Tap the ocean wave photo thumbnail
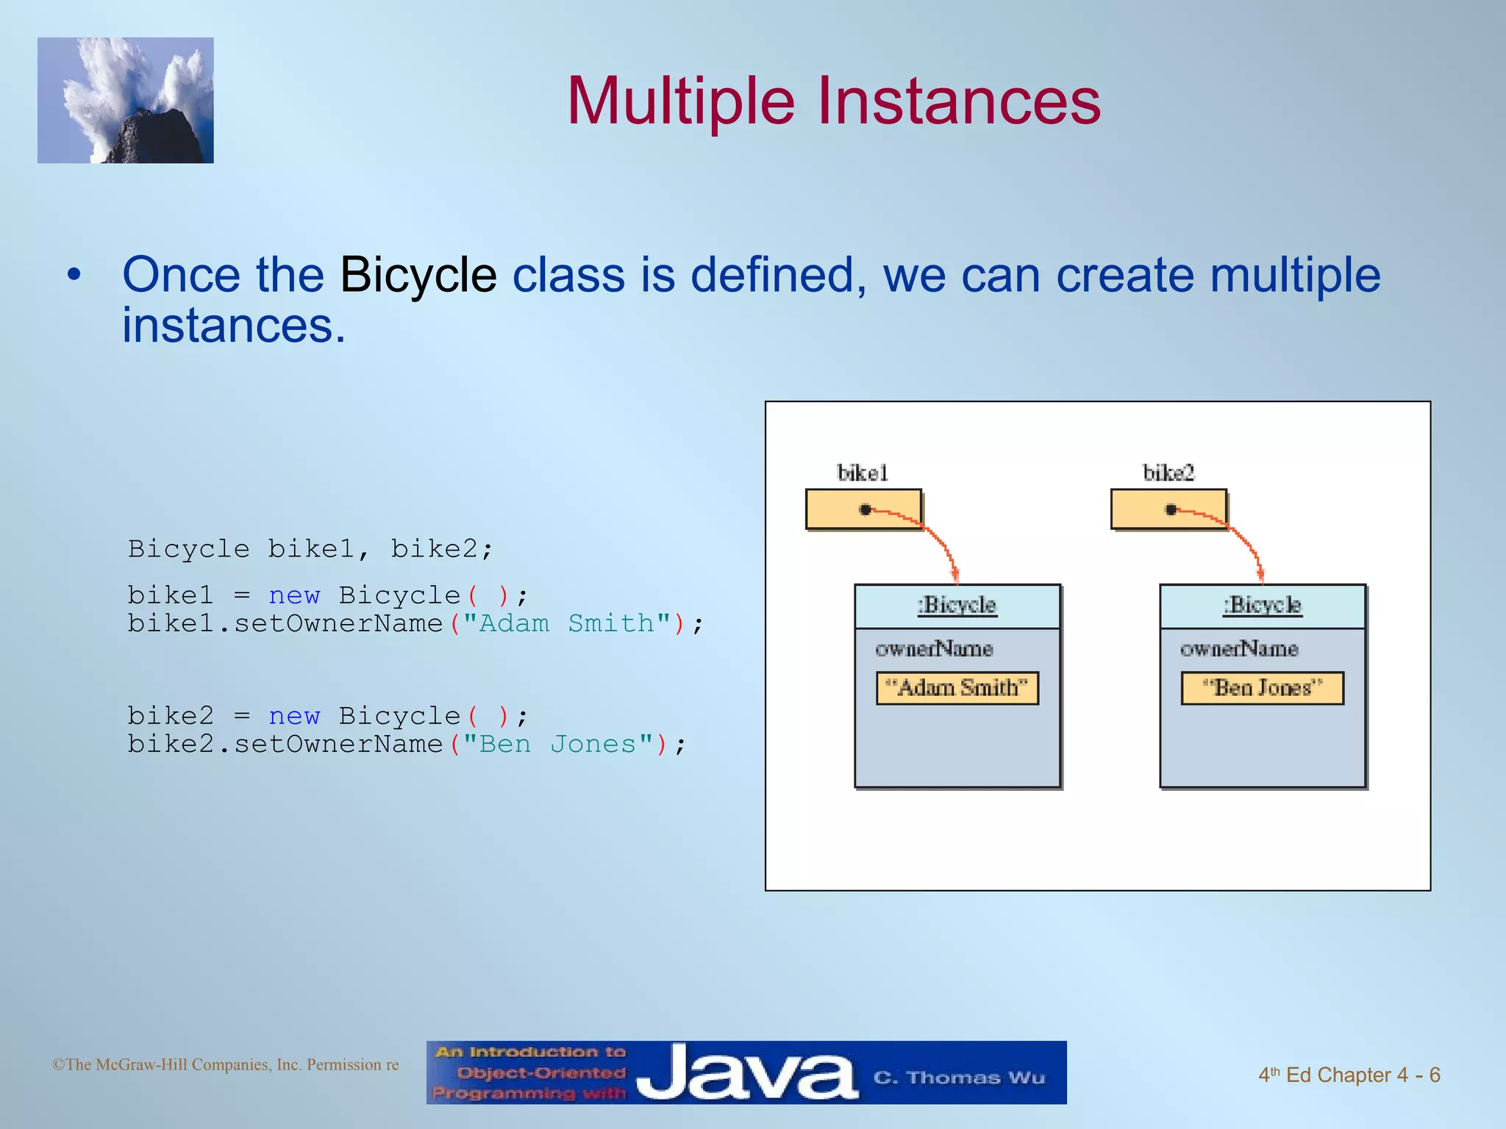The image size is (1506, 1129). pos(126,101)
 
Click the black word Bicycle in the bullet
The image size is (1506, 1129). pos(418,275)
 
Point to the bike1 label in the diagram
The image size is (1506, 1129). pos(863,473)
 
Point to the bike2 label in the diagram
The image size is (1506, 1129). pos(1168,473)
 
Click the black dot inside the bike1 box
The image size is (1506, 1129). pos(866,509)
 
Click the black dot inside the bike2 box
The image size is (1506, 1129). pos(1171,509)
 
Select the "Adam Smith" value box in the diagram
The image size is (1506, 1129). pos(957,688)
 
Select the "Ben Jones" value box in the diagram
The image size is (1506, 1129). pos(1262,688)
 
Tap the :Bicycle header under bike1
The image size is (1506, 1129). pos(957,606)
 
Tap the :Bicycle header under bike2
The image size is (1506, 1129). pos(1262,606)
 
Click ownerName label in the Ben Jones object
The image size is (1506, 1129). pos(1239,649)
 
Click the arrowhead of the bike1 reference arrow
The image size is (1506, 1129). pos(954,576)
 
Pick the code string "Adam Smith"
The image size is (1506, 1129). pos(566,624)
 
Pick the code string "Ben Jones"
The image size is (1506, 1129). pos(557,745)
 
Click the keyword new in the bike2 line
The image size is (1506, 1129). pos(294,716)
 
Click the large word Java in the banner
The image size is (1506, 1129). pos(746,1073)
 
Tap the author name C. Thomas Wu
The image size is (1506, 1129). pos(958,1078)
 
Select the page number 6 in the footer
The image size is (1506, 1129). pos(1434,1075)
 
